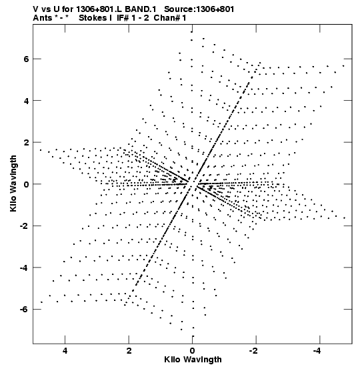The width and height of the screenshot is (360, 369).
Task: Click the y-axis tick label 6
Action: [x=26, y=59]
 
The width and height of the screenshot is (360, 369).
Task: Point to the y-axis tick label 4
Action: [x=26, y=101]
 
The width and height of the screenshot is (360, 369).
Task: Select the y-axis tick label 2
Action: [x=26, y=142]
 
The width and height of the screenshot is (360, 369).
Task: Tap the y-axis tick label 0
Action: [x=26, y=184]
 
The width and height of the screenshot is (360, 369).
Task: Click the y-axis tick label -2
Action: [x=24, y=226]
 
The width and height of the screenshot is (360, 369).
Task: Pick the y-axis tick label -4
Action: [x=24, y=268]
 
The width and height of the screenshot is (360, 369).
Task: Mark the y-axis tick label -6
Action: [x=24, y=309]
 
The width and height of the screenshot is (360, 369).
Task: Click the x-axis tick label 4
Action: [x=65, y=351]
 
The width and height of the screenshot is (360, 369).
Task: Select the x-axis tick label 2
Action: [x=129, y=351]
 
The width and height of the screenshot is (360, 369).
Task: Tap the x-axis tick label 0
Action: [x=193, y=351]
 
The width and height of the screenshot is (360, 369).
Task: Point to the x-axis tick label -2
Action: [x=254, y=351]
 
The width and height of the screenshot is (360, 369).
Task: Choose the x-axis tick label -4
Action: [x=318, y=351]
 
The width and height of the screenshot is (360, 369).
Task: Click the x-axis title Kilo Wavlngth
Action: [x=193, y=360]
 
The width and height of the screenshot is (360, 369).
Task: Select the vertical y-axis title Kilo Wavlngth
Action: [x=13, y=183]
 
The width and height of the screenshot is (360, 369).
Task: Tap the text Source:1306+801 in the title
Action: [x=199, y=9]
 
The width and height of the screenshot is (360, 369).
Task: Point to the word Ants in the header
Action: [x=42, y=18]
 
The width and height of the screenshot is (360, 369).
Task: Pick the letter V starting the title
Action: [x=36, y=9]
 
